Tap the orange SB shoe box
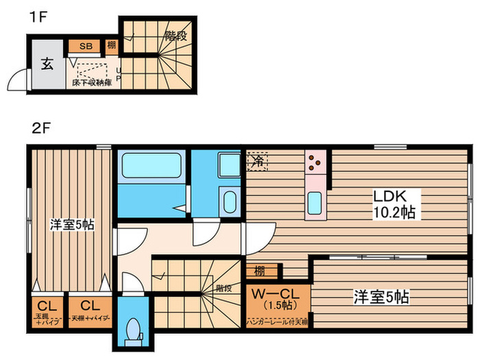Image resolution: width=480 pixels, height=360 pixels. coord(86,47)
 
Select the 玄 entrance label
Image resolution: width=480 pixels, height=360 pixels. coord(46,65)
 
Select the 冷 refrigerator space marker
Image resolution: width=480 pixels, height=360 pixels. coord(258,161)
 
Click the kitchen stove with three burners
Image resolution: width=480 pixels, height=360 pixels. coord(315,162)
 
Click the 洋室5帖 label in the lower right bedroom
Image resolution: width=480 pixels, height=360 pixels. coord(382,297)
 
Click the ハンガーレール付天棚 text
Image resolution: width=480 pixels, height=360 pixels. coord(278,321)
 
